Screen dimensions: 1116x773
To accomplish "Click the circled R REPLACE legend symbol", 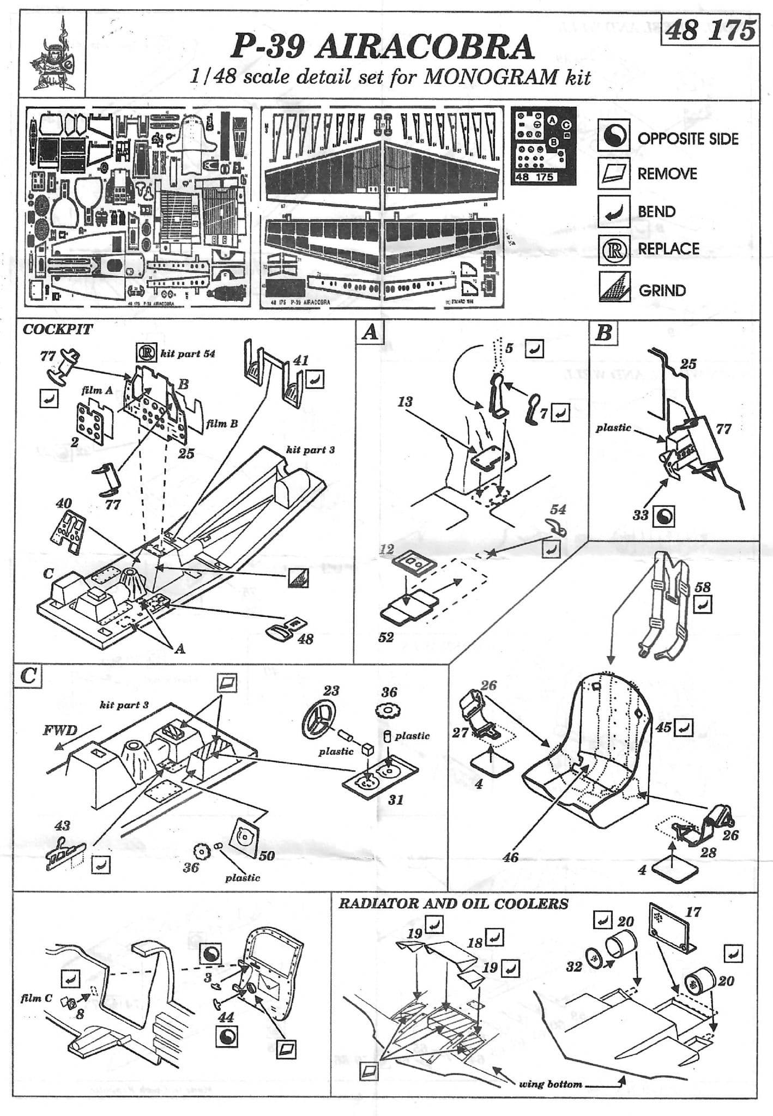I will (x=614, y=248).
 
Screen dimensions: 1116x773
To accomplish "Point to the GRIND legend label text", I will (x=662, y=290).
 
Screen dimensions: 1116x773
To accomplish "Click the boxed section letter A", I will (x=370, y=331).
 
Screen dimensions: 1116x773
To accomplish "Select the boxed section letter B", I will (x=603, y=332).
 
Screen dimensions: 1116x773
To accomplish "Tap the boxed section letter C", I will (x=28, y=675).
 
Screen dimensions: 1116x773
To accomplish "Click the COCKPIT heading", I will (x=58, y=330).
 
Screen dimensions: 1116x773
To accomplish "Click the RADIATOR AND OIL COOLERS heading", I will (x=454, y=903).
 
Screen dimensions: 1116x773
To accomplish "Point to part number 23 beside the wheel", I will (x=331, y=691).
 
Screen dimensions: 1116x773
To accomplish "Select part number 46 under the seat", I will (x=510, y=857).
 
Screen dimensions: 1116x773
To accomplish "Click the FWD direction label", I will (x=60, y=730).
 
